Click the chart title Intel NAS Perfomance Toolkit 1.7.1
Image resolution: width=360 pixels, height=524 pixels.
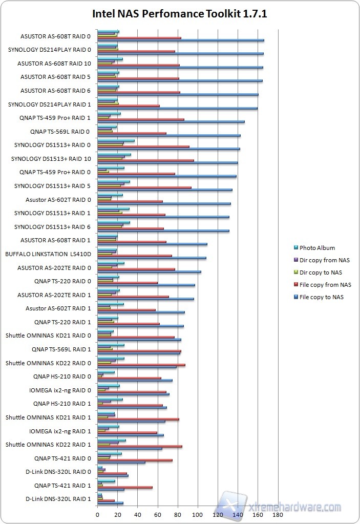(x=179, y=14)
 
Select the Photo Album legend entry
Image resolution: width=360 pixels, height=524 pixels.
(x=317, y=248)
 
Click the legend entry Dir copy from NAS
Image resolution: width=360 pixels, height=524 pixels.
(x=324, y=260)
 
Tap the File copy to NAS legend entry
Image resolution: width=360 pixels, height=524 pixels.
(x=321, y=297)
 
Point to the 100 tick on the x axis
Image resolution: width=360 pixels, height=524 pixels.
(x=198, y=514)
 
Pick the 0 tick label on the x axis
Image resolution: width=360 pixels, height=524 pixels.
(x=97, y=514)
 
